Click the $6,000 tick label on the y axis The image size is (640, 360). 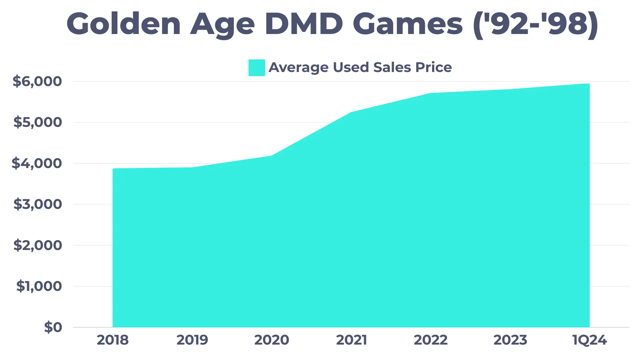(x=37, y=81)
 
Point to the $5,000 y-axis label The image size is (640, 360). (x=38, y=122)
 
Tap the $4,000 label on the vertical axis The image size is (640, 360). (x=37, y=163)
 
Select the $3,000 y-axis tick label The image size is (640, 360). (x=38, y=204)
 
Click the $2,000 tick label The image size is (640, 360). (x=38, y=245)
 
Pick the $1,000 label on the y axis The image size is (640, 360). (x=39, y=286)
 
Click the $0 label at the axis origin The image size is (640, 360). (x=53, y=327)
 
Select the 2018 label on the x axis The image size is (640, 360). (x=113, y=340)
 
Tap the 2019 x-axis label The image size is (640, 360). (x=192, y=340)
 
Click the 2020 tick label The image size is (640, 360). (x=272, y=340)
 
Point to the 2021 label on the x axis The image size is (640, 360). (x=351, y=340)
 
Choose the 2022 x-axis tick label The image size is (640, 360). (x=431, y=340)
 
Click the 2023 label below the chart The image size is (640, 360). (x=510, y=340)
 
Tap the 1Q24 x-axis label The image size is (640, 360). (x=589, y=340)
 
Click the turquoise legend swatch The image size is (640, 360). (x=257, y=68)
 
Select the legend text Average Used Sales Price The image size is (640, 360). (x=360, y=68)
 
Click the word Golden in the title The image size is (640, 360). (x=124, y=24)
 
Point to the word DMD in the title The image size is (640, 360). (x=304, y=24)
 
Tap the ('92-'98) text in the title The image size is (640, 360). (x=535, y=25)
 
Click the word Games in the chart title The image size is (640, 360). (x=407, y=24)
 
